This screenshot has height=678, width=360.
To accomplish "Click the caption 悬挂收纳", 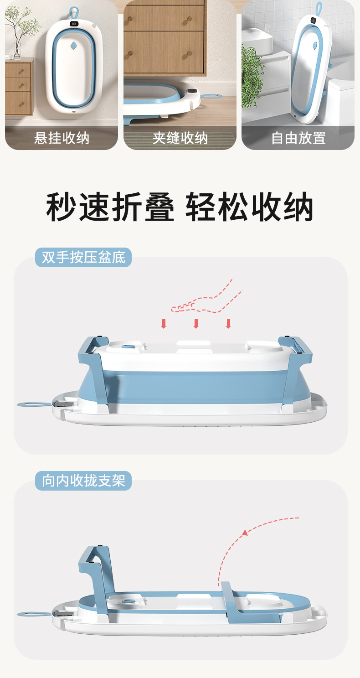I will (62, 138).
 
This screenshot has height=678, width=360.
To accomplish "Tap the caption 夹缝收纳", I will (180, 138).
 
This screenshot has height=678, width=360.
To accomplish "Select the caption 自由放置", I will (298, 138).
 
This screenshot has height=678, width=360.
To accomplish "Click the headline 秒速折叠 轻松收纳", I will (180, 207).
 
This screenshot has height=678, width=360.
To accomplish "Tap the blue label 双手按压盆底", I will (83, 258).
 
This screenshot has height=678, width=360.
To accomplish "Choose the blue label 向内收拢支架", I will (83, 481).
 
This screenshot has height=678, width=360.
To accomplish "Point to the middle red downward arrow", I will (196, 324).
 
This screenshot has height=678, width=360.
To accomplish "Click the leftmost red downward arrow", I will (164, 324).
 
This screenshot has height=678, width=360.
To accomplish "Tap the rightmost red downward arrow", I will (228, 324).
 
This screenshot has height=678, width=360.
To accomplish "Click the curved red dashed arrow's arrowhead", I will (245, 532).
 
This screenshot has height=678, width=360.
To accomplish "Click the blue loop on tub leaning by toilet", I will (319, 8).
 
